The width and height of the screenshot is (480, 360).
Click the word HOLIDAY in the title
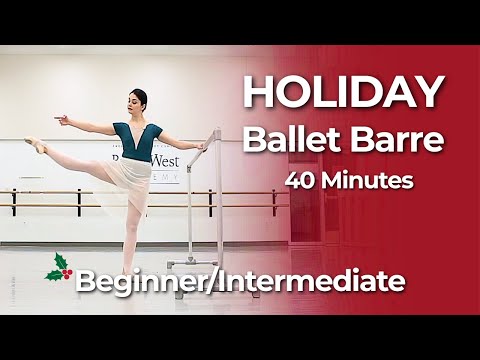(342, 92)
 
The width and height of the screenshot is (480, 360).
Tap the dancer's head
(138, 101)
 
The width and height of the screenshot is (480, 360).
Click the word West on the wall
(165, 160)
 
